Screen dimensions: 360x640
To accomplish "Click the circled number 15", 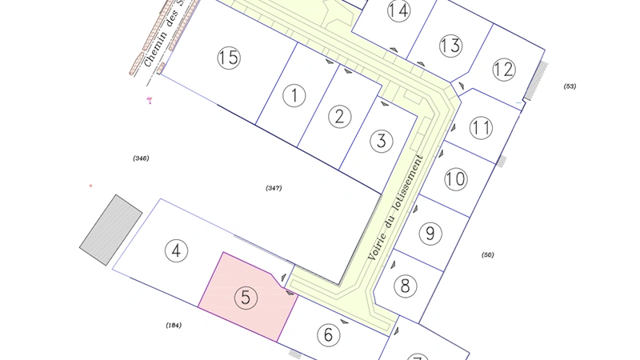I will (x=229, y=58).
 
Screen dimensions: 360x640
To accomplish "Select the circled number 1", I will (x=295, y=97).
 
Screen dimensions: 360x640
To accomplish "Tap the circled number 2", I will (x=340, y=117).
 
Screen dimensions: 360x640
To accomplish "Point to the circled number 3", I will (x=382, y=142).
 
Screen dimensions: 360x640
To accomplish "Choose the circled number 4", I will (x=177, y=250).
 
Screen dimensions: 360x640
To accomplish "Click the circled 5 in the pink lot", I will (x=246, y=298).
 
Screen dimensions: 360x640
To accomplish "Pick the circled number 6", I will (x=328, y=334).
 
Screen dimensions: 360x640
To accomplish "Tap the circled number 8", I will (x=406, y=286).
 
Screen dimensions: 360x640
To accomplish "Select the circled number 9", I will (x=430, y=234).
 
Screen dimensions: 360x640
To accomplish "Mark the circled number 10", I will (x=455, y=179).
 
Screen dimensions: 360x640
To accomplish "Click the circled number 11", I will (x=481, y=128).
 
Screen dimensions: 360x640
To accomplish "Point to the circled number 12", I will (x=503, y=70).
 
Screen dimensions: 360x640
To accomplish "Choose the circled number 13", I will (x=451, y=46).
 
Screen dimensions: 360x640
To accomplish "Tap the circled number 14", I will (x=398, y=10).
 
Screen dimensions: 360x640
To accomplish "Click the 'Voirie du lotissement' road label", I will (x=394, y=206).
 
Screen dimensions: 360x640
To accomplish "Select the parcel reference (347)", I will (x=274, y=187).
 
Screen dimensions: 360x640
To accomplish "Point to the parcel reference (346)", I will (x=141, y=158).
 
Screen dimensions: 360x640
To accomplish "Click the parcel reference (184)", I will (x=174, y=325).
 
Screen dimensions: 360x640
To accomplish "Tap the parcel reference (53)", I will (x=570, y=86).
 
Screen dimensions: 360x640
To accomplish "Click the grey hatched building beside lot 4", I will (x=111, y=229).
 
